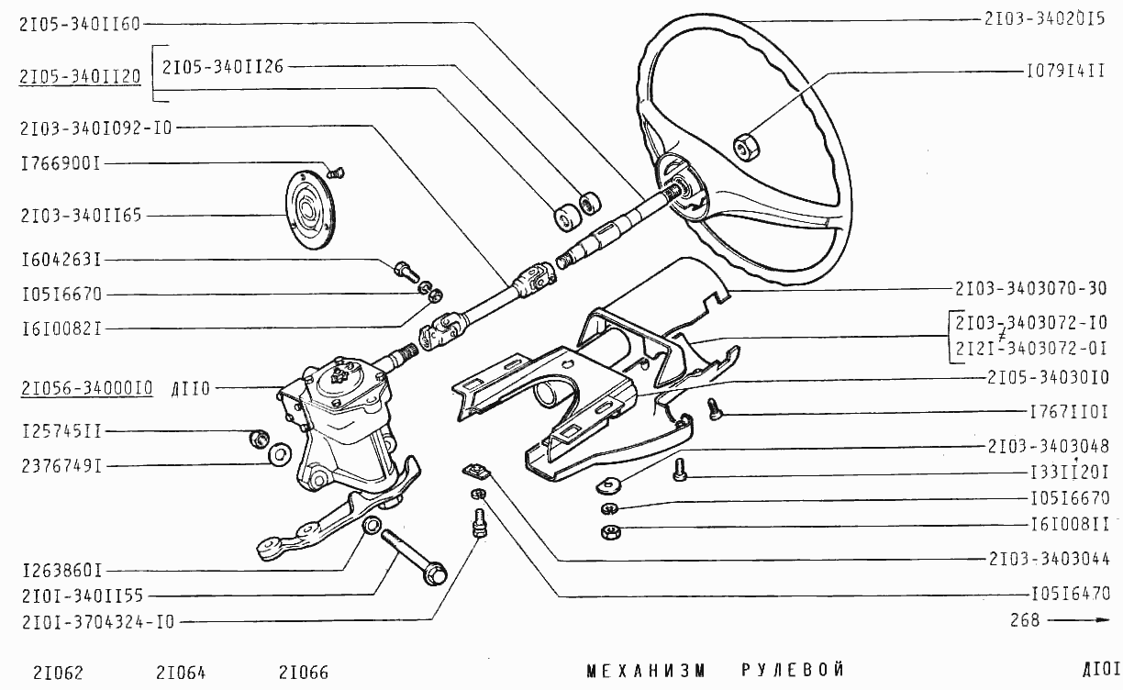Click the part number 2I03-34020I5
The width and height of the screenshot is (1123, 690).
1045,19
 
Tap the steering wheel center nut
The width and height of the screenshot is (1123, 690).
746,148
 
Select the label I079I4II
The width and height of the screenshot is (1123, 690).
1065,71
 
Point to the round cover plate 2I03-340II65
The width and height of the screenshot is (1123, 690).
310,210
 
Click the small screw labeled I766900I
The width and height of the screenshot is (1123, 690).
335,173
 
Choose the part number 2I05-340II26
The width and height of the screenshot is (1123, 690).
223,67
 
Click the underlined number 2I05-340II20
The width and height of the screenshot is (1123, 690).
80,77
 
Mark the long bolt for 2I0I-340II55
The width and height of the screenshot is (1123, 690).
414,557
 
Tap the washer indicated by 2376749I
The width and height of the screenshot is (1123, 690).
280,454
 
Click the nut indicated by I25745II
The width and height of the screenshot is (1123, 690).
260,440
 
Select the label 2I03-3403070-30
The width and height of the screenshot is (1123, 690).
1030,289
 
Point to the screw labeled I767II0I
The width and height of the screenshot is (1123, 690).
714,409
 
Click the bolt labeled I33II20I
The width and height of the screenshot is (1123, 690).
679,470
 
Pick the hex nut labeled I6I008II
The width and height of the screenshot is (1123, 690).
611,531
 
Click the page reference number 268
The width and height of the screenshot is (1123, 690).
1025,620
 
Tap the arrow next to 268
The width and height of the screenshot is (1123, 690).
1078,620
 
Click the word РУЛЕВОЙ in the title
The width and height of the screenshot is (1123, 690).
793,670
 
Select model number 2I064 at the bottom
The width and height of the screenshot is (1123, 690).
181,673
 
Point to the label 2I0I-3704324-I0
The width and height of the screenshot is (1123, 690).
98,622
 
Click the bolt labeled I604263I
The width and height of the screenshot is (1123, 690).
406,271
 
